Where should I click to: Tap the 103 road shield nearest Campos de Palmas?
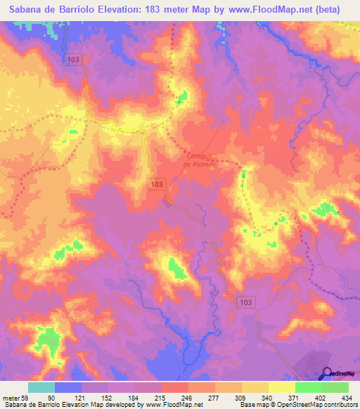(157, 183)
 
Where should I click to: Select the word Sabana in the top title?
(29, 10)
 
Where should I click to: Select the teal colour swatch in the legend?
(41, 387)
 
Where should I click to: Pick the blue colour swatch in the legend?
(68, 387)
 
